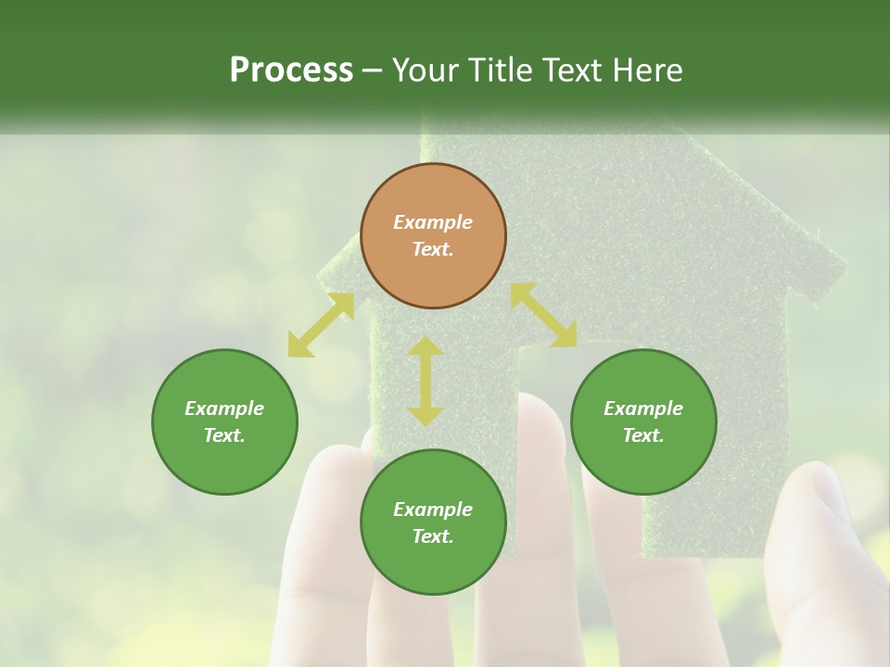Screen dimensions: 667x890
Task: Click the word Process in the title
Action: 291,70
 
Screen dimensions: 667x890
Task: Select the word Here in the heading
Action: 648,70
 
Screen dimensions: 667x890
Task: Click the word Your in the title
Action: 426,70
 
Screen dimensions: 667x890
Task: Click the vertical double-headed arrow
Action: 426,381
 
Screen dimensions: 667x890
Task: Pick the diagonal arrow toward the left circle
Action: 321,325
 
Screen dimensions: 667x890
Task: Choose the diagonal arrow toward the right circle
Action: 543,315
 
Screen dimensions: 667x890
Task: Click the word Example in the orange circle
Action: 433,222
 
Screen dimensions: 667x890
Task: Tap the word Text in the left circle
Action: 224,435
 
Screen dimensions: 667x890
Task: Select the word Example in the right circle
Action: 643,409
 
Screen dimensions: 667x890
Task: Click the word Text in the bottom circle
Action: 433,536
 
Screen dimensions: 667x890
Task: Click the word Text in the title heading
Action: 573,70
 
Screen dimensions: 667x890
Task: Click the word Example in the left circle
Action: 224,409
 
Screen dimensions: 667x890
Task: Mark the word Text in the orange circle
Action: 433,249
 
